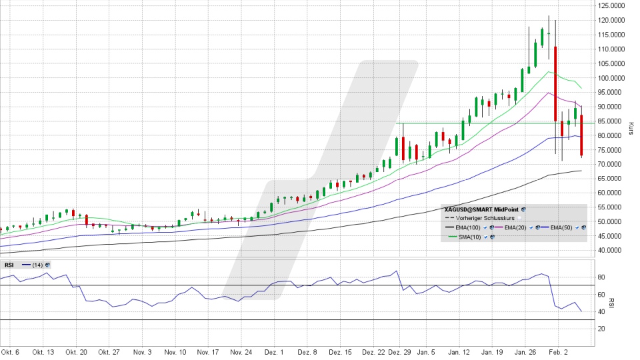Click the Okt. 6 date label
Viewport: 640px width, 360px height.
click(10, 351)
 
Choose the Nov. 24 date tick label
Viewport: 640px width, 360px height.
click(241, 351)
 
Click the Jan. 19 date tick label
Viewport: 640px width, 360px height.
click(492, 351)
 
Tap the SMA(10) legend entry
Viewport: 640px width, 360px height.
click(467, 237)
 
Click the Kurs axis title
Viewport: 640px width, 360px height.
click(631, 128)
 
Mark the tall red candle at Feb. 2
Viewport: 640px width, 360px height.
click(555, 84)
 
